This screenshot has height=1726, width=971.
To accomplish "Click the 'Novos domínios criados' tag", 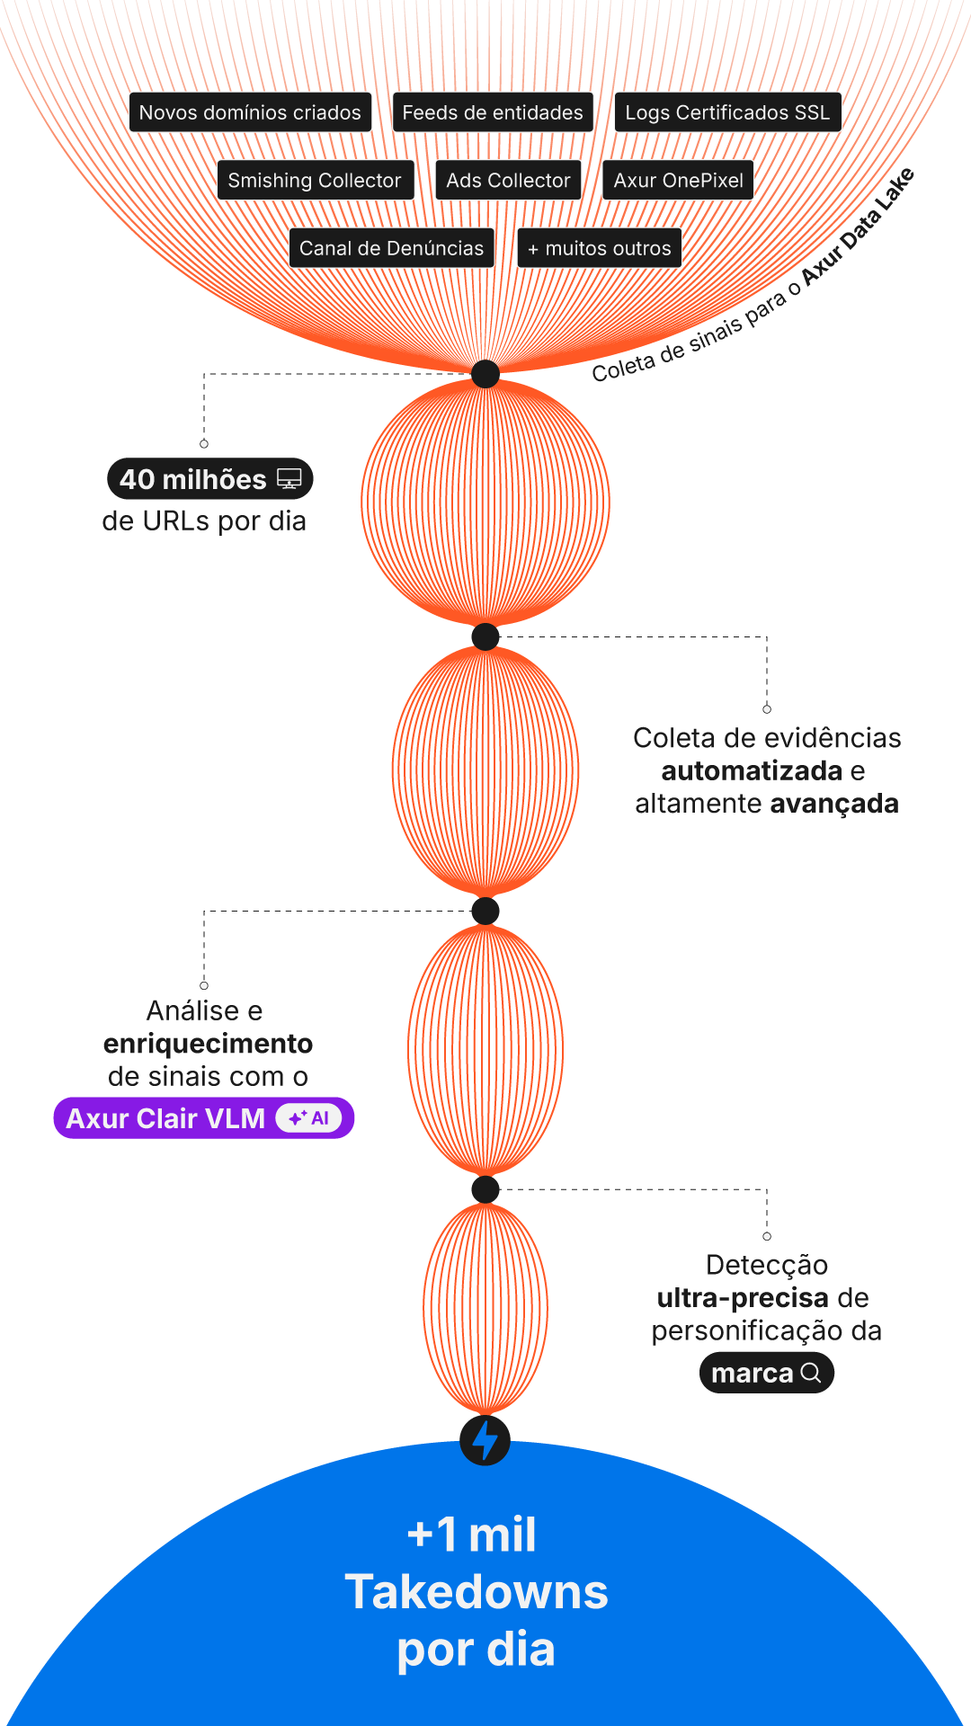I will coord(250,112).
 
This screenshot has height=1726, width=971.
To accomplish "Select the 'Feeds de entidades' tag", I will coord(493,112).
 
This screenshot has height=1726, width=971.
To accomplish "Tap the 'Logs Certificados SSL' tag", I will coord(727,112).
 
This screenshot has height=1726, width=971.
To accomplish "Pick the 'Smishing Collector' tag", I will coord(315,180).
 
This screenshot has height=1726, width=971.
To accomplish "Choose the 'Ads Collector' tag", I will coord(508,180).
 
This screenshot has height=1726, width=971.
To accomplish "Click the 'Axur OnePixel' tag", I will coord(678,180).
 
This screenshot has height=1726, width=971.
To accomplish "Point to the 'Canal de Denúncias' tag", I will coord(391,248).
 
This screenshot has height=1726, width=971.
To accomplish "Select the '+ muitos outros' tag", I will coord(599,248).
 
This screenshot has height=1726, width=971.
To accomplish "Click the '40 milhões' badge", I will coord(193,479).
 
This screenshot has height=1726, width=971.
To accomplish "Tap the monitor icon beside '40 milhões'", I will coord(290,479).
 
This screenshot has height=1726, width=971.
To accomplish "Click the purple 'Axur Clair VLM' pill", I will coord(166,1118).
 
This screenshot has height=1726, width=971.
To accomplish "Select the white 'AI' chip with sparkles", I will coord(309,1118).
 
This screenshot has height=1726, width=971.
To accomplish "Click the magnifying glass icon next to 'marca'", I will coord(811,1373).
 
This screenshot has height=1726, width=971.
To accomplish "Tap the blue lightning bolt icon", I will coord(485,1439).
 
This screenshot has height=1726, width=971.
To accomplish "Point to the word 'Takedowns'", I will coord(477,1592).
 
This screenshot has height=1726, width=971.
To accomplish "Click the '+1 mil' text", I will coord(472,1535).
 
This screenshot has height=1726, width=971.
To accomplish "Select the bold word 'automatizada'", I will coord(752,770).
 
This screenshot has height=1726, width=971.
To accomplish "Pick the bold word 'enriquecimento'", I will coord(208,1044).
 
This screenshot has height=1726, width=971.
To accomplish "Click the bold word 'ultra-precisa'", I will coord(743,1298).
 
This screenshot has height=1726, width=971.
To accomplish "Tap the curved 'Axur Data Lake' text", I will coord(859,227).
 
